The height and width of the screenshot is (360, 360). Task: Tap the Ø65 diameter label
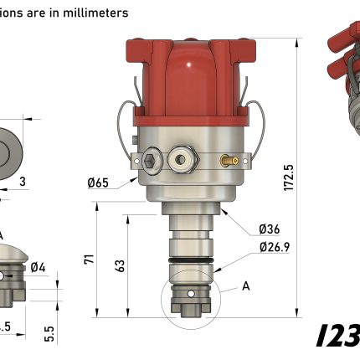[x=99, y=183]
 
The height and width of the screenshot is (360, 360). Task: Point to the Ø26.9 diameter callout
[x=275, y=247]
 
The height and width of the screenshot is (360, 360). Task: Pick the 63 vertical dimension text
[x=121, y=266]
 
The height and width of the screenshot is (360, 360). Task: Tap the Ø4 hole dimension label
[x=38, y=268]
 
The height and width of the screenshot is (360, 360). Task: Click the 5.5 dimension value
[x=50, y=333]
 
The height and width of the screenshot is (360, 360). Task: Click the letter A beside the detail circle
[x=246, y=285]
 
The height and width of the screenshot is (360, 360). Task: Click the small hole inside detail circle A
[x=188, y=295]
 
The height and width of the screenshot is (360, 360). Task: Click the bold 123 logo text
[x=338, y=335]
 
